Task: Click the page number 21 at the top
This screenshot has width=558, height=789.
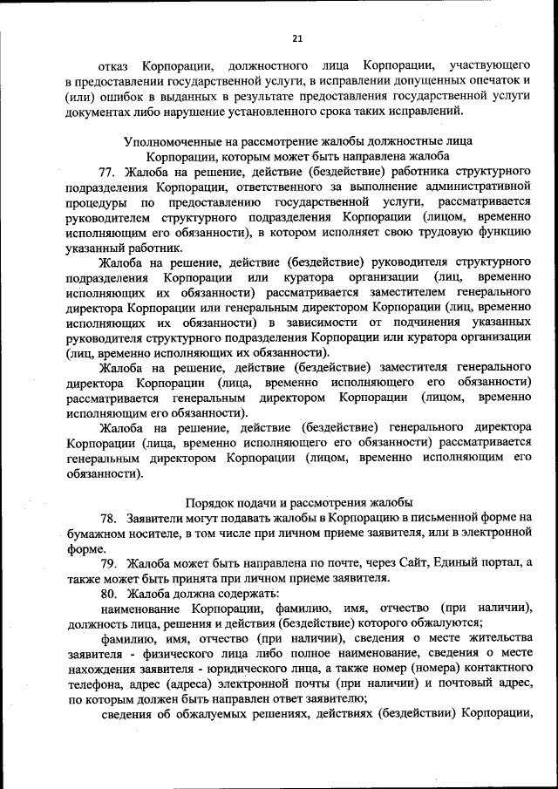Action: (296, 37)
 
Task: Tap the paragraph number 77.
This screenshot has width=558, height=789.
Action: (108, 170)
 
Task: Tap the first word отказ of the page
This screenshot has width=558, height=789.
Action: (115, 65)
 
